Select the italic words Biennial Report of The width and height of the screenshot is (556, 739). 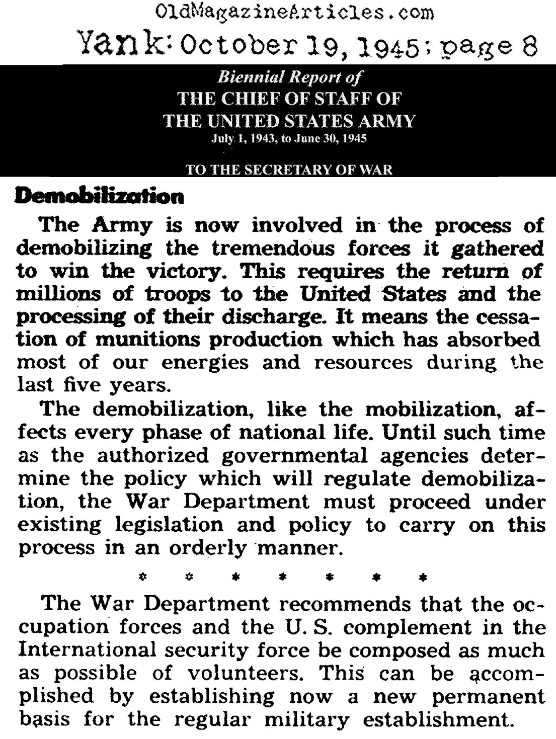pyautogui.click(x=289, y=77)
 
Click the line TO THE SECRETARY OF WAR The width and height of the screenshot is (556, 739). pyautogui.click(x=289, y=169)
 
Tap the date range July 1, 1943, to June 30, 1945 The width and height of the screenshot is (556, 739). pyautogui.click(x=289, y=139)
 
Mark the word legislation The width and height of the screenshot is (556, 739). pyautogui.click(x=169, y=525)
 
